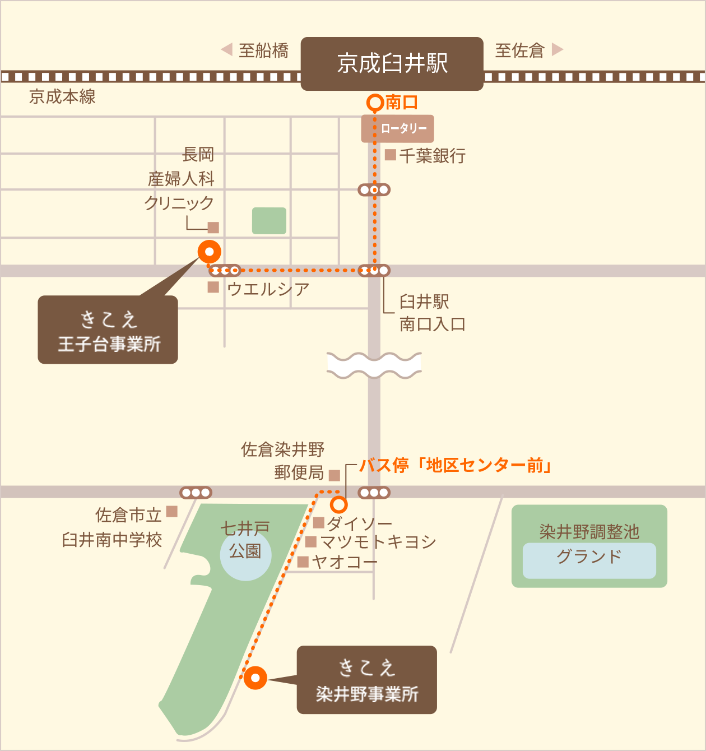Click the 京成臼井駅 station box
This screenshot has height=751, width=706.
(x=392, y=63)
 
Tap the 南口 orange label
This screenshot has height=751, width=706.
(x=401, y=103)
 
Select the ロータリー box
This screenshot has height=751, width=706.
(x=398, y=128)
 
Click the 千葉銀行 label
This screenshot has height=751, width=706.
(x=431, y=155)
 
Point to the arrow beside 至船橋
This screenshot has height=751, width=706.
(x=227, y=50)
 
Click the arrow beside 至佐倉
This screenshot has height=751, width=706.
(x=557, y=50)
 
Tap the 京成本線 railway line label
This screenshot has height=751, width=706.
(x=62, y=97)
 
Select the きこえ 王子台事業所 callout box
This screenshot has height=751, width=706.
(x=108, y=330)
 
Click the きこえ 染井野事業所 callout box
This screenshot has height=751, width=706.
(x=366, y=680)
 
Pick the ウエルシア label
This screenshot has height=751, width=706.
(x=268, y=289)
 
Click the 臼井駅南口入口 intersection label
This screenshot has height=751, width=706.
(x=431, y=313)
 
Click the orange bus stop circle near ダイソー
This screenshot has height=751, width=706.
(x=339, y=505)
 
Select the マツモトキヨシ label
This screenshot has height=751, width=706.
(x=378, y=542)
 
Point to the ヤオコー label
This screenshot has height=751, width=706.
(x=344, y=562)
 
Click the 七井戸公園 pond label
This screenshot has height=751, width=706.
(x=245, y=540)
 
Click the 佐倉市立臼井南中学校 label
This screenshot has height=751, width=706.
(x=112, y=527)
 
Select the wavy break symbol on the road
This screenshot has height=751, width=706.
(x=374, y=365)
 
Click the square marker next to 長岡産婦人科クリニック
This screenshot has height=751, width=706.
(x=213, y=228)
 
